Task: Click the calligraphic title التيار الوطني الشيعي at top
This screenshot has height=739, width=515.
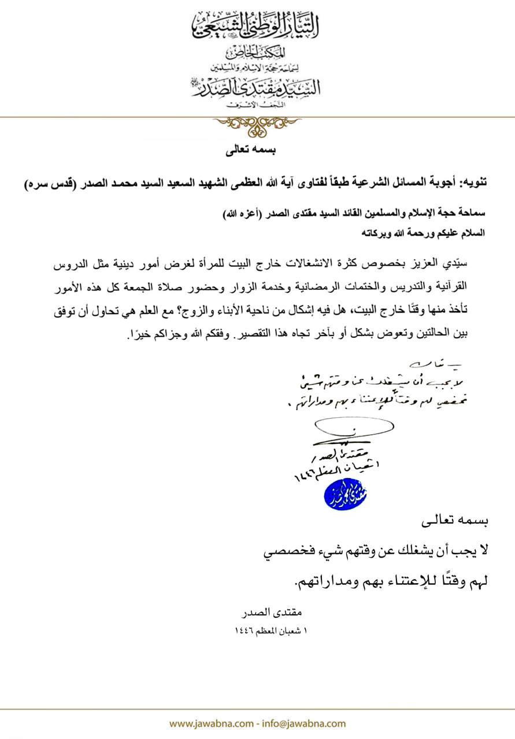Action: tap(257, 23)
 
